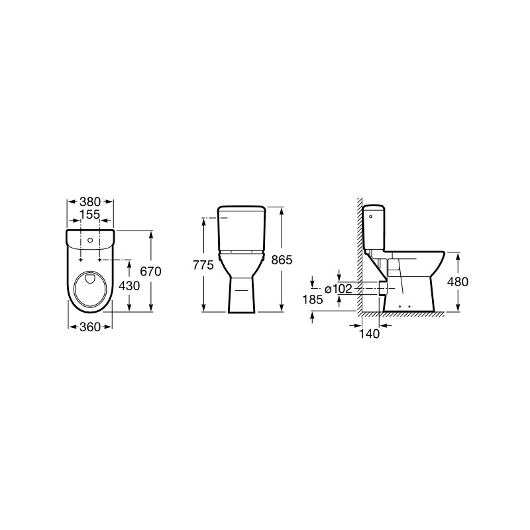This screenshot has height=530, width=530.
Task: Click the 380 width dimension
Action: click(90, 202)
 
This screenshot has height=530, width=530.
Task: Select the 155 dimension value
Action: click(90, 214)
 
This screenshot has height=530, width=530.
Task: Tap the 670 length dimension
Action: click(151, 271)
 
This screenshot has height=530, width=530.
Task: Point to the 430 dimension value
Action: click(129, 286)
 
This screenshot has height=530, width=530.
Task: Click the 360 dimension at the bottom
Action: click(90, 327)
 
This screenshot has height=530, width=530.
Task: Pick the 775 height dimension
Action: click(203, 265)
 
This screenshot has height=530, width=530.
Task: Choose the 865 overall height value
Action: click(282, 260)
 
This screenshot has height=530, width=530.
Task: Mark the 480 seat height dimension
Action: click(457, 282)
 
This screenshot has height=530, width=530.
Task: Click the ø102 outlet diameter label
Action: click(339, 289)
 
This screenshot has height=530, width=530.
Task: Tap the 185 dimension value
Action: click(313, 299)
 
